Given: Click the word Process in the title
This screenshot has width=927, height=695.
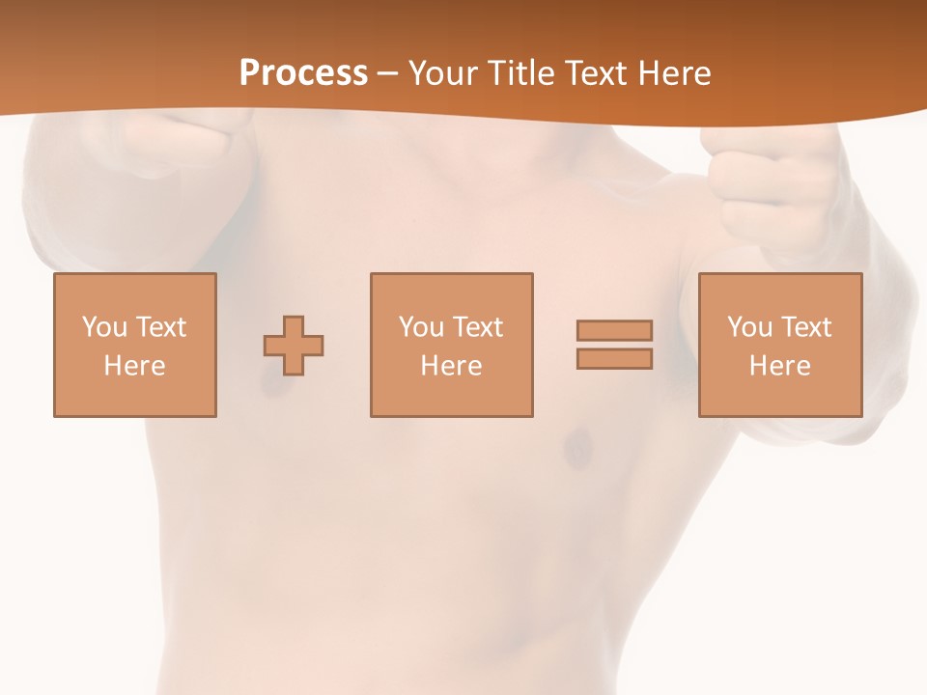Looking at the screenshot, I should (x=303, y=73).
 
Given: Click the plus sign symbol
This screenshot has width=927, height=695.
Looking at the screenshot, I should (x=294, y=345).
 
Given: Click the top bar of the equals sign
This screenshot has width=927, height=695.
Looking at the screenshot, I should (x=614, y=330).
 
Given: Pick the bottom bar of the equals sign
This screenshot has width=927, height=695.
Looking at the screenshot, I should (x=614, y=358).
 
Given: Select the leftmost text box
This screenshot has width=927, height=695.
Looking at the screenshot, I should (x=135, y=345).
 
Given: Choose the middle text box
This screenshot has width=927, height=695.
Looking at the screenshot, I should (x=451, y=345).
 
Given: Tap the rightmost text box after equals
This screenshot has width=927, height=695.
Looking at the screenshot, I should (x=779, y=345).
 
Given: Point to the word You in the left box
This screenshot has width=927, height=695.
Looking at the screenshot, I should (x=104, y=327).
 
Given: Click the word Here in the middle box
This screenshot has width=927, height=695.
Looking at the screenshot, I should (x=451, y=366).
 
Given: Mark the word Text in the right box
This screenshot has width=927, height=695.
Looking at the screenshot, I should (x=805, y=327).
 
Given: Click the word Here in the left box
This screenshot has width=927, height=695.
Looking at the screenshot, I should (x=135, y=366).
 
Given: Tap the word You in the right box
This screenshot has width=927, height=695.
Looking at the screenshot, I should (x=749, y=327).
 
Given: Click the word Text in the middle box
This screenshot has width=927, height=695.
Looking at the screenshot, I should (x=477, y=327).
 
